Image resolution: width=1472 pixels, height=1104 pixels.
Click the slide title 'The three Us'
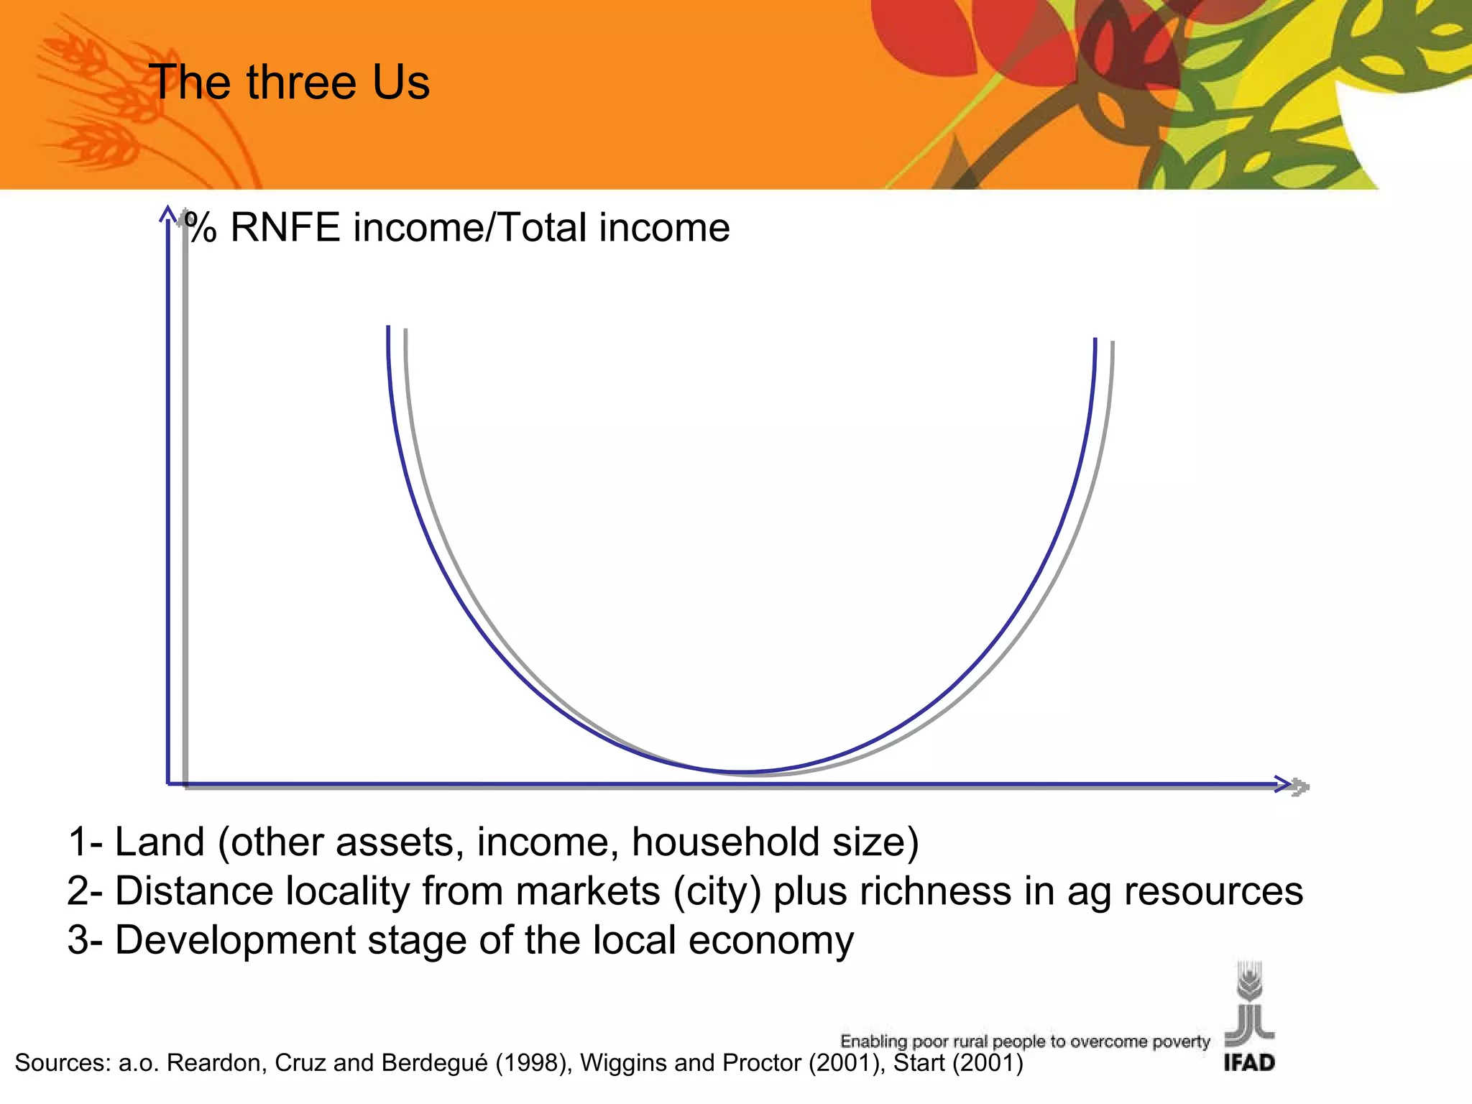(289, 82)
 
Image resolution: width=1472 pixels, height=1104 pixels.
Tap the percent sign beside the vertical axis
(201, 228)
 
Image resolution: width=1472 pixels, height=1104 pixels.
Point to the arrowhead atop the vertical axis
(168, 213)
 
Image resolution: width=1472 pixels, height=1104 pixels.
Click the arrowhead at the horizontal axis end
(1284, 784)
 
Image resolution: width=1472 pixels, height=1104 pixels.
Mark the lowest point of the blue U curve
(742, 772)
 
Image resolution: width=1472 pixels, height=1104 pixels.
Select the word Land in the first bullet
(160, 842)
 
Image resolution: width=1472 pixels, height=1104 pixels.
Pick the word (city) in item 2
(717, 891)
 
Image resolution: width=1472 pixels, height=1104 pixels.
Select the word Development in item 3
(236, 940)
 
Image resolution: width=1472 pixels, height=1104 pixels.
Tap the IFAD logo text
(1249, 1062)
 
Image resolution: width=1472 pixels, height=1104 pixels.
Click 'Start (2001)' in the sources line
(957, 1062)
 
